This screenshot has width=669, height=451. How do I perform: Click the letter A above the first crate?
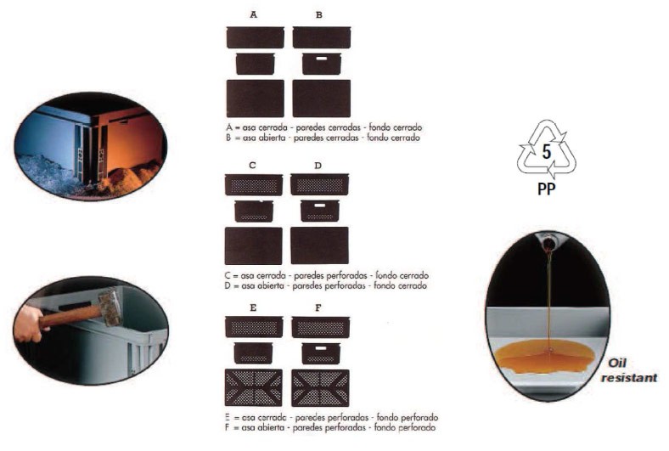[254, 15]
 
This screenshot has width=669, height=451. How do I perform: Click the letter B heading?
[319, 15]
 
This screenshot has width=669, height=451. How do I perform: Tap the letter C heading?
[253, 165]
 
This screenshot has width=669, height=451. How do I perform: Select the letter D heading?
[318, 165]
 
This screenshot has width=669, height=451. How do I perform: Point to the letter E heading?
[253, 307]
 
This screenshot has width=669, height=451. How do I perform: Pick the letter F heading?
[318, 307]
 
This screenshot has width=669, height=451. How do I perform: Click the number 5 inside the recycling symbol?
[548, 155]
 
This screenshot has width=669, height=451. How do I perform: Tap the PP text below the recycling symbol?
[548, 189]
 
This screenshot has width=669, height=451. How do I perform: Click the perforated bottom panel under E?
[254, 388]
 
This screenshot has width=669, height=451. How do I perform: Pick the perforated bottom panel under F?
[320, 388]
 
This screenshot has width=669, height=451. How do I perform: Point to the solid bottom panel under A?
[255, 98]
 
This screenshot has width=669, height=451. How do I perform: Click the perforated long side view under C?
[254, 184]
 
